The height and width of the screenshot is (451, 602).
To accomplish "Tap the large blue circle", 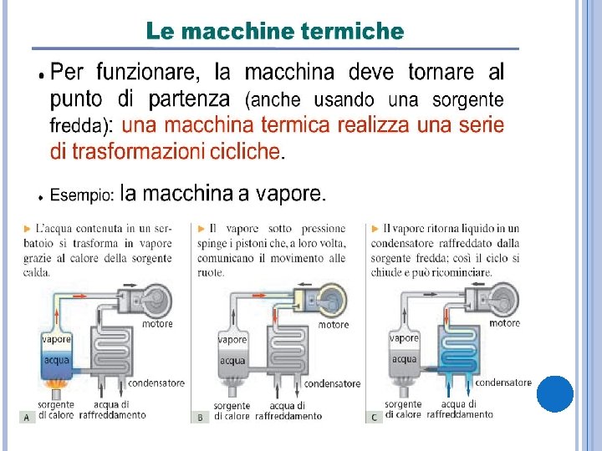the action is coord(555,394).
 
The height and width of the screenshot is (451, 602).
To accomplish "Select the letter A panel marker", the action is coord(27,418).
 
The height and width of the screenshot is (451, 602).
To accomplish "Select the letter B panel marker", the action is coord(201,418).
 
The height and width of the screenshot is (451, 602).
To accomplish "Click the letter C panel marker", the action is coord(374,418).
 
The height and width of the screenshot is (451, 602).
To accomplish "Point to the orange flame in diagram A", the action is coord(57,383).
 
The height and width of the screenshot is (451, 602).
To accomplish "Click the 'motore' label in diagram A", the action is coord(157,324).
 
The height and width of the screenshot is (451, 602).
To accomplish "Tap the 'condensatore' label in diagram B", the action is coord(332,383).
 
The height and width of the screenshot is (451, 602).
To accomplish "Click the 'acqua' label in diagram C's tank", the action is coord(404,360).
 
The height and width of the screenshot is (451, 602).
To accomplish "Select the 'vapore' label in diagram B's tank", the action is coord(232,340).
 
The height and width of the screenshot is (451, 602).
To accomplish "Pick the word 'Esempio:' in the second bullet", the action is coord(82,195).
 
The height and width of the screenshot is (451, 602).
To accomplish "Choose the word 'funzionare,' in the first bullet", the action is coord(148,72).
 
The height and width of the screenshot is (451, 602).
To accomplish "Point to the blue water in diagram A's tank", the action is coord(57,364).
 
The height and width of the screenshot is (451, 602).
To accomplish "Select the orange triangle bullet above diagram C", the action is coord(375,229).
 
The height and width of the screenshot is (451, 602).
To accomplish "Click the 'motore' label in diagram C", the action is coord(504,323).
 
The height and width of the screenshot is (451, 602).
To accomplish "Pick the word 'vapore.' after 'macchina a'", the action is coord(291,193).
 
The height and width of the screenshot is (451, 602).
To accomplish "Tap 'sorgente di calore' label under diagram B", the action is coord(232,411).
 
